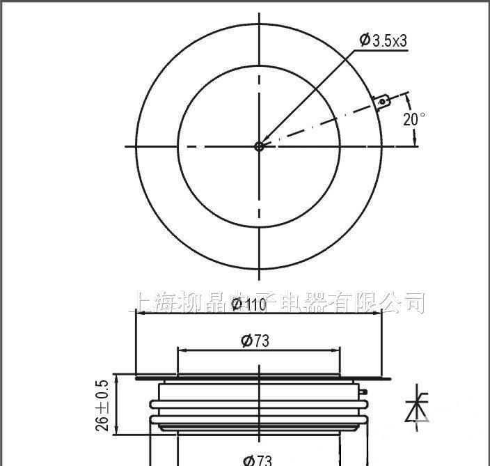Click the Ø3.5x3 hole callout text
(383, 40)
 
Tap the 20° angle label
(413, 119)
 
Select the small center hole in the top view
(259, 146)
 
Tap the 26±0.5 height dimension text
(103, 406)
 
